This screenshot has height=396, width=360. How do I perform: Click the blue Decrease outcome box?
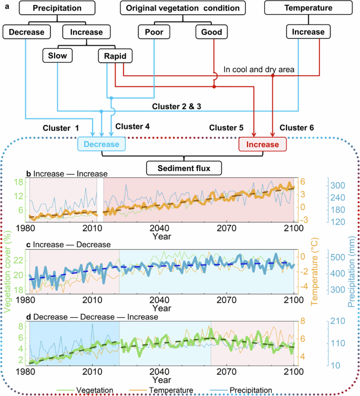coord(101,144)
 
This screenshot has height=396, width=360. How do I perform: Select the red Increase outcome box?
coord(262,144)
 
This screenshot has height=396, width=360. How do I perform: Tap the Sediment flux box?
coord(184,168)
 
